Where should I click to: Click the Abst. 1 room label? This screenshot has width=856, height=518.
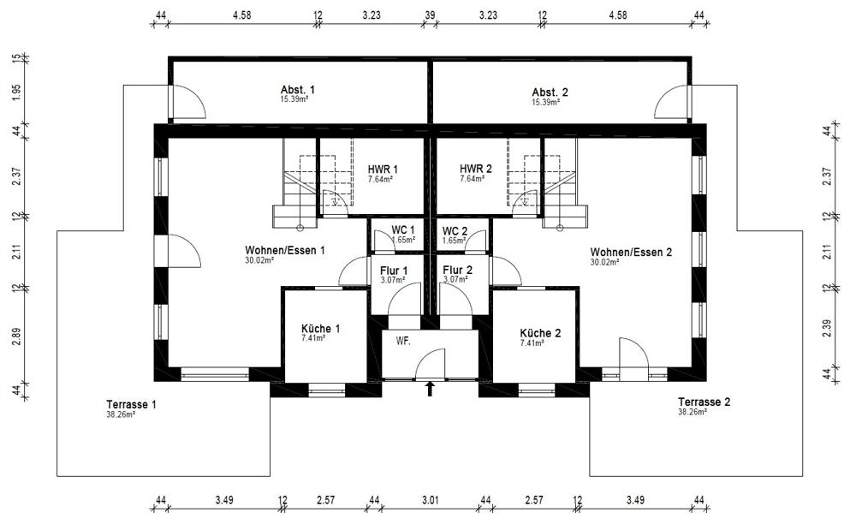(x=298, y=90)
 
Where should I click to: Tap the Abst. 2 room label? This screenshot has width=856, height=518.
(x=550, y=92)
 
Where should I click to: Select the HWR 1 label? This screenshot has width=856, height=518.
(x=383, y=170)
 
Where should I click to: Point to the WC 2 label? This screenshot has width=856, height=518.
(x=455, y=231)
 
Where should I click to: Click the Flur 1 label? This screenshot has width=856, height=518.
(x=394, y=271)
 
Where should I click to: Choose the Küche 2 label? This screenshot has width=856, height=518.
(x=540, y=333)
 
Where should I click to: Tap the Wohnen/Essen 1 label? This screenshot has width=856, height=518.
(x=284, y=251)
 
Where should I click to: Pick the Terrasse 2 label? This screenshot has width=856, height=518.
(x=704, y=402)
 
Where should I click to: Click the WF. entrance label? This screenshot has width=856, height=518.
(x=403, y=341)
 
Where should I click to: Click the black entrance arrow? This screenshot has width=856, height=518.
(x=430, y=388)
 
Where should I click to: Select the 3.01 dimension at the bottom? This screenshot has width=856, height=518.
(x=430, y=499)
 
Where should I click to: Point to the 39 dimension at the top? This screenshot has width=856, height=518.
(x=430, y=15)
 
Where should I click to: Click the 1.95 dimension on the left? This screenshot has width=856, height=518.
(x=16, y=92)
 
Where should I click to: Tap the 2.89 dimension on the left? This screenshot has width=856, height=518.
(x=16, y=336)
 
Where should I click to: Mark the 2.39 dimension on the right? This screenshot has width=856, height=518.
(x=827, y=328)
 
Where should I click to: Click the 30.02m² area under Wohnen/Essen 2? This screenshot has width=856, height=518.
(x=604, y=263)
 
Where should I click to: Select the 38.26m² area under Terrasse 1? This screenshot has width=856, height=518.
(x=121, y=414)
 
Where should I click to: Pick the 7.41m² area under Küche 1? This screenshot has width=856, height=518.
(x=313, y=338)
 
